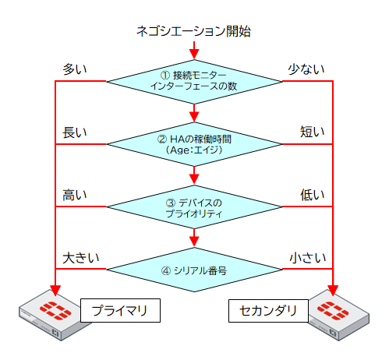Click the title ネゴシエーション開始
coord(193,32)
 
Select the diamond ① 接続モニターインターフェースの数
coord(193,80)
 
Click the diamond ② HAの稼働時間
coord(193,144)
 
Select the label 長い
coord(75,132)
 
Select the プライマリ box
coord(121,311)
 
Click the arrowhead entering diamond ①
coord(193,53)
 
